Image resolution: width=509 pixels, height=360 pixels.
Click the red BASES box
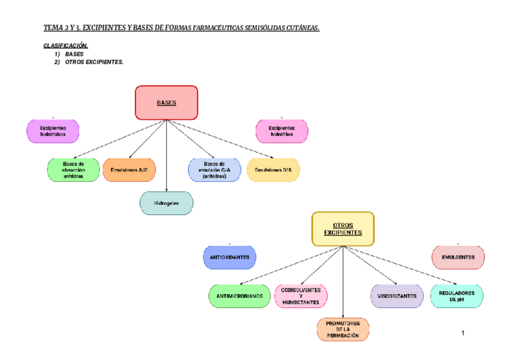coord(166,103)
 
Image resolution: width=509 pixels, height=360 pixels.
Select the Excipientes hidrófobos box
coord(53,131)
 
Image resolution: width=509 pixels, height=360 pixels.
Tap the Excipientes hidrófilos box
coord(282,131)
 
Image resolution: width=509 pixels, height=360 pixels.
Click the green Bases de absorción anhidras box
coord(73,170)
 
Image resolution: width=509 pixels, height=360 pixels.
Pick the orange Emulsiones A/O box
coord(129,170)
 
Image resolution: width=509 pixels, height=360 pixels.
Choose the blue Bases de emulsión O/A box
coord(214,170)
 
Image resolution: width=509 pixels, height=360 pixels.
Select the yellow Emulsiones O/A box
coord(273,170)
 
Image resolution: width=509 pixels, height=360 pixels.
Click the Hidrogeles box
coord(166,203)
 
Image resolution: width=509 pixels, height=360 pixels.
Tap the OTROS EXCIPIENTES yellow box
coord(343,229)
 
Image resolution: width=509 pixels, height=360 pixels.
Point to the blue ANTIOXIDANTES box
coord(230,257)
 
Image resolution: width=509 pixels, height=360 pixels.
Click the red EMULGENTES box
coord(458,257)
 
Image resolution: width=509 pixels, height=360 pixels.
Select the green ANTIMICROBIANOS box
coord(239,296)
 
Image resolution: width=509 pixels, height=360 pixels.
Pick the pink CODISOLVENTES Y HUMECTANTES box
coord(301,296)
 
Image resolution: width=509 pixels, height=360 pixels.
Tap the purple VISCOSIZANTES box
coord(397,296)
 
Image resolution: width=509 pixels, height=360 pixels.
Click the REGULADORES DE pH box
coord(457,296)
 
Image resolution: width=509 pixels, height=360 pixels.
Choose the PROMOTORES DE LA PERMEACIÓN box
coord(343,329)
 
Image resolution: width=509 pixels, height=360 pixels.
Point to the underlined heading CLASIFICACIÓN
coord(66,46)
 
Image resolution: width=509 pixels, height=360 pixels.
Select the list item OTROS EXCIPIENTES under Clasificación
coord(94,62)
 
